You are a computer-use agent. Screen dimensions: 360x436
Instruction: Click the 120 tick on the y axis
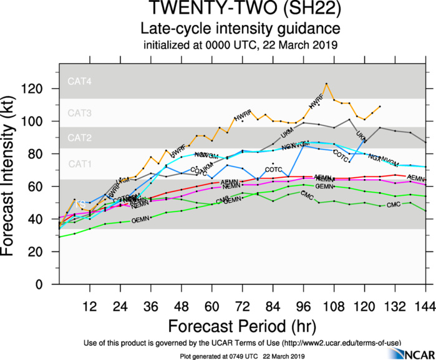point(42,89)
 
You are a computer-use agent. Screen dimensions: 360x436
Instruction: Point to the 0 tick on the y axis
point(49,285)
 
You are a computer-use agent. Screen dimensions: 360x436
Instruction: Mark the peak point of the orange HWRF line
point(326,84)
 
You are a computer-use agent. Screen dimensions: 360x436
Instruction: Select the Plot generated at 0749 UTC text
point(241,354)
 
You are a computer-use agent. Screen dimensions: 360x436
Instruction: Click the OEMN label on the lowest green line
point(141,220)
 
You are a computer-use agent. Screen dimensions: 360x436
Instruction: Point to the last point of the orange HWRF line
point(380,107)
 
